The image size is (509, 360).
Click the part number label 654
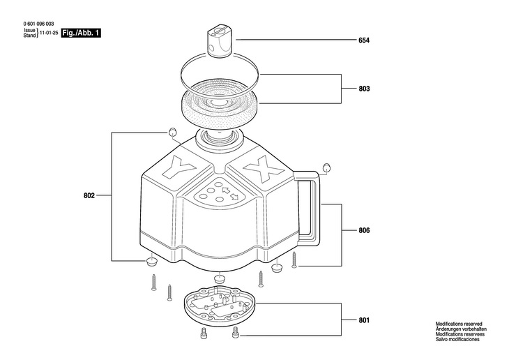click(363, 40)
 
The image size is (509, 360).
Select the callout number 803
click(363, 89)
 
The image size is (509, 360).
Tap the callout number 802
click(89, 196)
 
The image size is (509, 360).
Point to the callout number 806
click(363, 230)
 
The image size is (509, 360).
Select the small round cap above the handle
click(325, 167)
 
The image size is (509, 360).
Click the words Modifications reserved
click(459, 324)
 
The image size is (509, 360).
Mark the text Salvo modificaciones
click(457, 338)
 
